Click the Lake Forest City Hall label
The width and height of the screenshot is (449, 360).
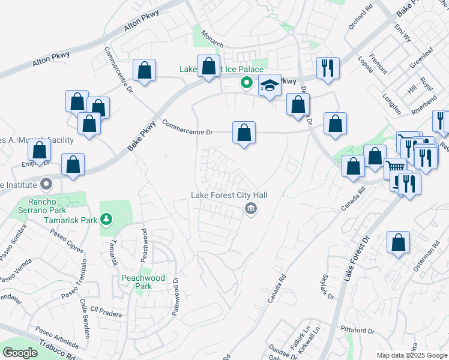tap(229, 195)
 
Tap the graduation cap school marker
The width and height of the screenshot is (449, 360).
tap(270, 86)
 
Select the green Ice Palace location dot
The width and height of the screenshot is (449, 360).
tap(246, 83)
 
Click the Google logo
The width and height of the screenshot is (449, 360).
tap(20, 353)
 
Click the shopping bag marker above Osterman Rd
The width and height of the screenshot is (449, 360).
tap(398, 244)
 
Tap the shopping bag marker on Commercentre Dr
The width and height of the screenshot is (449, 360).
tap(244, 133)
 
